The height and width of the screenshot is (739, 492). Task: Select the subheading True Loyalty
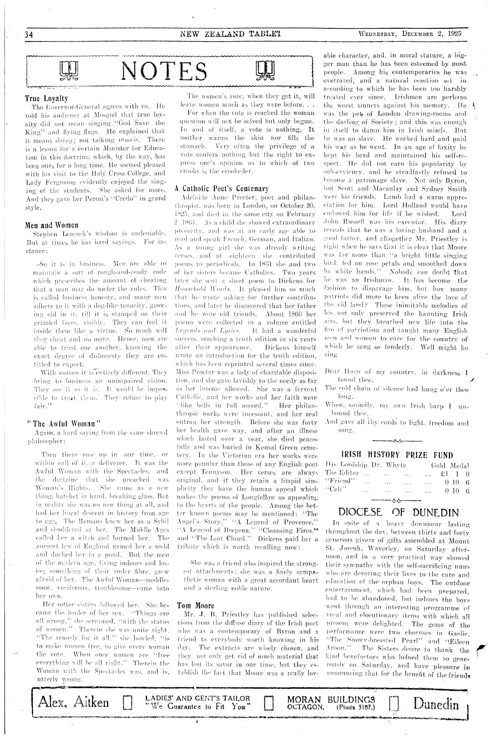tap(46, 99)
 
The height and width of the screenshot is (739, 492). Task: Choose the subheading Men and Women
tap(52, 225)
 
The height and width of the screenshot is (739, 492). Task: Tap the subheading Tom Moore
tap(196, 605)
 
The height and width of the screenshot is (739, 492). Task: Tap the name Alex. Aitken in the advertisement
tap(73, 701)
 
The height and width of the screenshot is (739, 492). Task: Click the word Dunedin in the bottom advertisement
tap(436, 701)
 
